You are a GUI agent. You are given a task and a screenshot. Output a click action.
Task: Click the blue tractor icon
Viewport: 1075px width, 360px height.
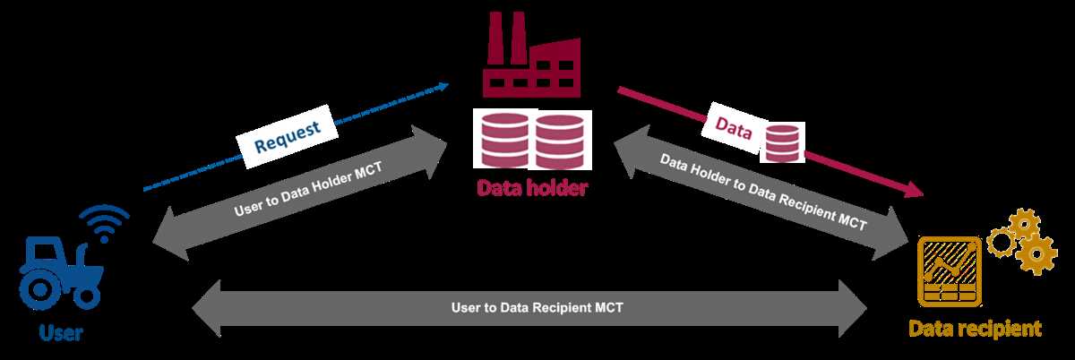coord(61,272)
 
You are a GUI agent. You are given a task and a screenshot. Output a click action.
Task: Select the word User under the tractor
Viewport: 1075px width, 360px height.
coord(61,332)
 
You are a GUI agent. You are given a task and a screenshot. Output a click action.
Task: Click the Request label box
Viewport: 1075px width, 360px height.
coord(287,136)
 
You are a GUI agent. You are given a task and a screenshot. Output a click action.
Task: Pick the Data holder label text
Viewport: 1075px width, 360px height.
coord(532,187)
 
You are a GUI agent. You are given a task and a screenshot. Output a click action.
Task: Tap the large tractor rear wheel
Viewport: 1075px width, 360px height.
coord(39,289)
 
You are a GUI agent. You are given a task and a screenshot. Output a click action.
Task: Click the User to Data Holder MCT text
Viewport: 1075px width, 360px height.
coord(308,189)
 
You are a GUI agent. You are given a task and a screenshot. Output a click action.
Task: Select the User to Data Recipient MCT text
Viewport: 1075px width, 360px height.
coord(537,308)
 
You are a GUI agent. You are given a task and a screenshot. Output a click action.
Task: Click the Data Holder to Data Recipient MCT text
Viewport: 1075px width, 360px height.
coord(763,192)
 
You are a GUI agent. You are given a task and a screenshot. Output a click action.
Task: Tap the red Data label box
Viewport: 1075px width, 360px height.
coord(734,128)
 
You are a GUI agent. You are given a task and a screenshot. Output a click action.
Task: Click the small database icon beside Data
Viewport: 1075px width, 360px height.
coord(782,142)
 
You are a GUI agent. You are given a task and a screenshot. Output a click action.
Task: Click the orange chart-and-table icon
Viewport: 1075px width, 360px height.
coord(950,271)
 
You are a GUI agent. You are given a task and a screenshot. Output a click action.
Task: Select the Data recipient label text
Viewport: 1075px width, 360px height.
coord(976,330)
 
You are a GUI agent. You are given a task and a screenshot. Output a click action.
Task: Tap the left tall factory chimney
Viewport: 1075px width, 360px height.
coord(495,39)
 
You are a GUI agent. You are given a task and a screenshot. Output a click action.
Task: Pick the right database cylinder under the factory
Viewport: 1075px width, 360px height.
coord(560,141)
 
